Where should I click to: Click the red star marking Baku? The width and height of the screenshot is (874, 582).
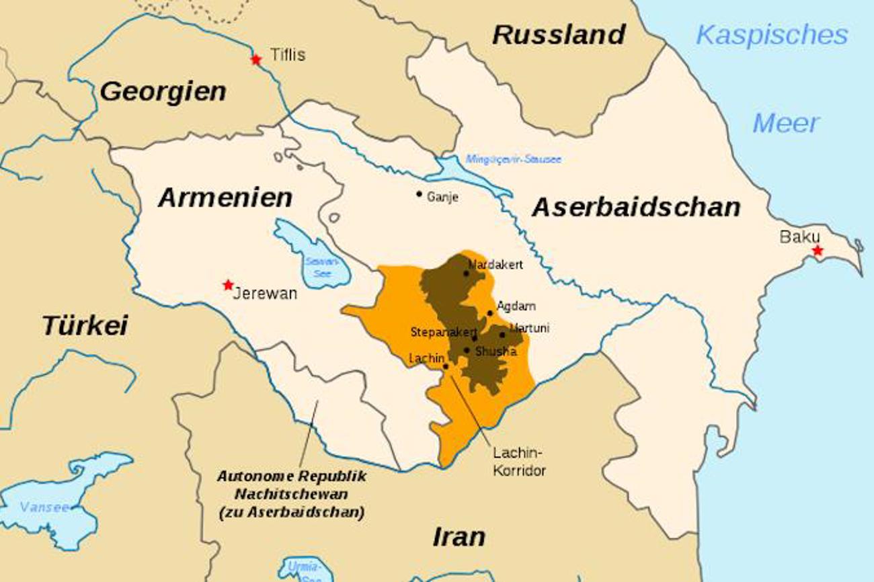point(817,251)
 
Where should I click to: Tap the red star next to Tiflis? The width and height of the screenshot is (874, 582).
point(255,59)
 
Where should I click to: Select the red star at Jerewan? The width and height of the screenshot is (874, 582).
point(229,284)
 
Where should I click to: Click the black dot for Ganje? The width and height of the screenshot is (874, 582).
point(419,194)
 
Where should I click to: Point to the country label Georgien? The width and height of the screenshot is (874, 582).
point(163,91)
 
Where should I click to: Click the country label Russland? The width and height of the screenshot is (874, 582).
point(559,35)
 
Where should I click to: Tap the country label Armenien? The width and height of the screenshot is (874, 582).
point(225,198)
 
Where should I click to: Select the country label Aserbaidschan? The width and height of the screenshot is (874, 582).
point(636,208)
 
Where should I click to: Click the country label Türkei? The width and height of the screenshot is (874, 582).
point(85,325)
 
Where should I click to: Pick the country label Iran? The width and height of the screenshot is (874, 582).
point(459,537)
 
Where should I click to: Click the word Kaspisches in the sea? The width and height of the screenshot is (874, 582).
point(772,35)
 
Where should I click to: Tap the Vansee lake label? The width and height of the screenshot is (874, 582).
point(44,507)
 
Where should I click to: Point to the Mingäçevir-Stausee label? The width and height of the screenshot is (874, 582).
point(513,159)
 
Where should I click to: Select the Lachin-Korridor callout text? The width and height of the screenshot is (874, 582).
point(518,461)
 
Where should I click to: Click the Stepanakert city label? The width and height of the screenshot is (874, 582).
point(443,332)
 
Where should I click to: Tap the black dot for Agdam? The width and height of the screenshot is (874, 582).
point(489,313)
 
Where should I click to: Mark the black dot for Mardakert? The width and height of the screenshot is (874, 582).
point(466,273)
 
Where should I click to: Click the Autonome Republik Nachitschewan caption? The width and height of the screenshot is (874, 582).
point(291,494)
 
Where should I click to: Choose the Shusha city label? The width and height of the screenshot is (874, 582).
point(495,351)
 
